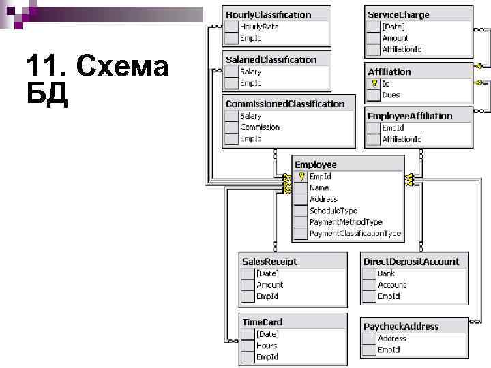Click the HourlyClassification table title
[268, 14]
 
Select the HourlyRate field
[258, 26]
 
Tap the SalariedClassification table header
[271, 60]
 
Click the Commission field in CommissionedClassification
[259, 127]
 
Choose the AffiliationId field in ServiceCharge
[402, 49]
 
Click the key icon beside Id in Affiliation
[374, 83]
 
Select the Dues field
[391, 95]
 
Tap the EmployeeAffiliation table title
[410, 116]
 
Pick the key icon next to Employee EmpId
[301, 176]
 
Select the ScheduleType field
[333, 211]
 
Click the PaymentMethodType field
[346, 222]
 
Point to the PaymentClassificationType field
[355, 234]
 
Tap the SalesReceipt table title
[269, 262]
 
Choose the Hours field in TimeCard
[266, 346]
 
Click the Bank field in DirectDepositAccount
[386, 273]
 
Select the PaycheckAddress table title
[401, 326]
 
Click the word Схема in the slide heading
[123, 67]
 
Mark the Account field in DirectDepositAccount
[391, 285]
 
